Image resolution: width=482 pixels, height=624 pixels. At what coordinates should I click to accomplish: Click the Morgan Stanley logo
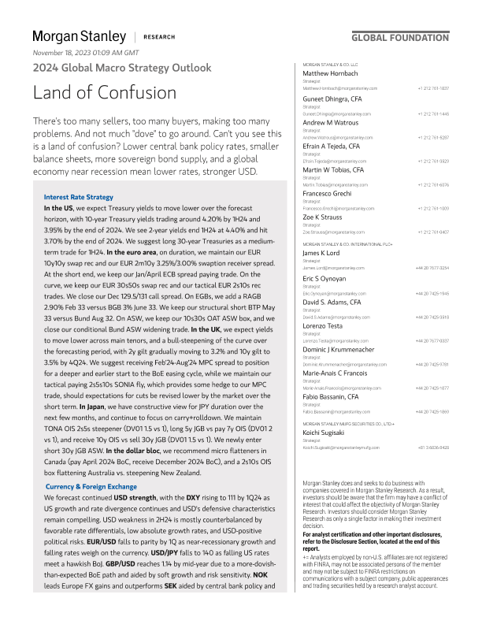point(79,36)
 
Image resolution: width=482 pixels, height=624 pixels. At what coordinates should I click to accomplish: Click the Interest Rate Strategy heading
point(79,197)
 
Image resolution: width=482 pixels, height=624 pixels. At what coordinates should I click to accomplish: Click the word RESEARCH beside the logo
point(160,37)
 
